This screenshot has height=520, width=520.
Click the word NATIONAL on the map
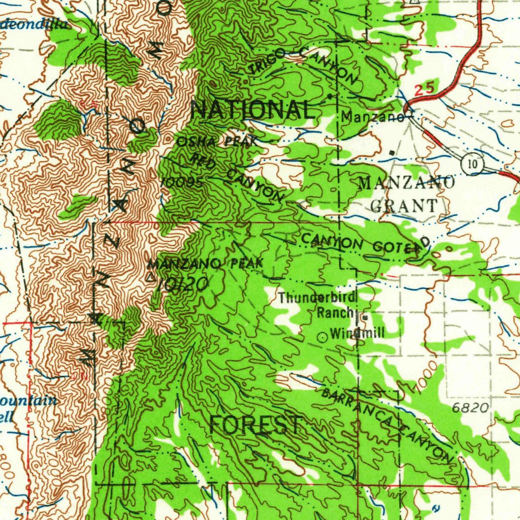252,110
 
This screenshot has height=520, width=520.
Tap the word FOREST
256,425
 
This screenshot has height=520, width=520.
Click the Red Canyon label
238,178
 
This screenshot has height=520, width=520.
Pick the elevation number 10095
182,182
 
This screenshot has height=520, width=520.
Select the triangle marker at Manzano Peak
150,278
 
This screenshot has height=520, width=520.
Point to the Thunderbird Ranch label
318,305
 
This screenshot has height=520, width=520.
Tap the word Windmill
357,334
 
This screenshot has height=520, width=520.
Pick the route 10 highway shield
472,164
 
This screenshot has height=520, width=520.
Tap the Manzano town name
372,117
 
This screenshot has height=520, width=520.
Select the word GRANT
404,206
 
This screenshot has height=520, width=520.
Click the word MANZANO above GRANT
406,182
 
